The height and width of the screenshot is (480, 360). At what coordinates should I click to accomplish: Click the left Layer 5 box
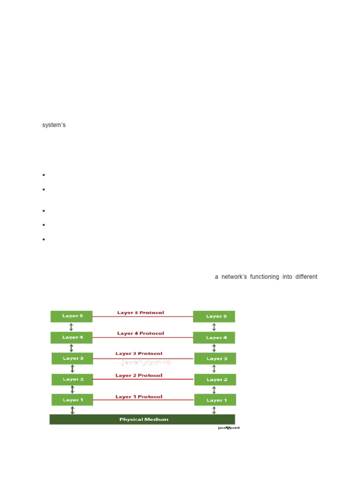click(72, 316)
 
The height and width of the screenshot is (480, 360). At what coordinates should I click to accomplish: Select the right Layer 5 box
click(214, 316)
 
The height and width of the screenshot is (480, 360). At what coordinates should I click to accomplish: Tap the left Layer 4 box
click(72, 337)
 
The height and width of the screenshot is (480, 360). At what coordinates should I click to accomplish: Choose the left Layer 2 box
click(72, 379)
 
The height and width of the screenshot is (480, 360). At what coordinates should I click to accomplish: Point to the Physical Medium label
click(143, 420)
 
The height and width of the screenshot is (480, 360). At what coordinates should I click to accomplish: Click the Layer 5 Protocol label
click(141, 313)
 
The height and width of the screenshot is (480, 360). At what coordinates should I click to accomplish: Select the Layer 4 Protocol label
click(141, 333)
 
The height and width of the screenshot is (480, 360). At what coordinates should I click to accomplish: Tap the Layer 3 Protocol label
click(139, 353)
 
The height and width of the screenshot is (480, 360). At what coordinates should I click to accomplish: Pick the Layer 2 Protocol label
click(139, 375)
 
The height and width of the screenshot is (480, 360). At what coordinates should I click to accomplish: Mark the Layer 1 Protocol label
click(139, 397)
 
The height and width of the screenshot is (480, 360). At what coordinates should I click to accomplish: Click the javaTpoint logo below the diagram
click(229, 428)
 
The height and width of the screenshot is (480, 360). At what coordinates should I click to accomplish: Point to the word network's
click(234, 277)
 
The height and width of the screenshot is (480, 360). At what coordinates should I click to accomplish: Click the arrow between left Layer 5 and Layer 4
click(71, 327)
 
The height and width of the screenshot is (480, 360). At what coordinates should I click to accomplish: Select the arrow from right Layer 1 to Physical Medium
click(214, 410)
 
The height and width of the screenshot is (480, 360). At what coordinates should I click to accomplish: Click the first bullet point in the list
click(43, 175)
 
